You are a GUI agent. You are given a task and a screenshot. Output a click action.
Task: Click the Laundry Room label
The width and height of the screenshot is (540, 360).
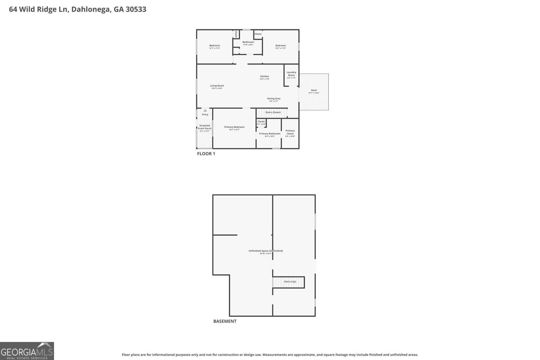291,74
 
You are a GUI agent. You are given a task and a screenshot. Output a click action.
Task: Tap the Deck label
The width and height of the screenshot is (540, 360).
314,90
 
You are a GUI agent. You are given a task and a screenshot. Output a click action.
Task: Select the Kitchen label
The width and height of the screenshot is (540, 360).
264,77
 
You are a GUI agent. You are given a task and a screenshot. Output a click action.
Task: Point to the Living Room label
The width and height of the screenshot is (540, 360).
217,86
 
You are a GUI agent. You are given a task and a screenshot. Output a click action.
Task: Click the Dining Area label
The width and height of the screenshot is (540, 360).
274,99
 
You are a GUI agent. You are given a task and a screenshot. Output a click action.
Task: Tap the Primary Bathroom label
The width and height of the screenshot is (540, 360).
270,134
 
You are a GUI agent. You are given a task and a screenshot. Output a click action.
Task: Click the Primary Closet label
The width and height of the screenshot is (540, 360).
290,132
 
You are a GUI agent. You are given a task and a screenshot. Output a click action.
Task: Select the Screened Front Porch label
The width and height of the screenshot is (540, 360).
205,127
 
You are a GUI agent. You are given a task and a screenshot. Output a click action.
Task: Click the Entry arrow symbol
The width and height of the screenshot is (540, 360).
205,110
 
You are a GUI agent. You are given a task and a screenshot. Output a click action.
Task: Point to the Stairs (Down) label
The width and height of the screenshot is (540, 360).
273,112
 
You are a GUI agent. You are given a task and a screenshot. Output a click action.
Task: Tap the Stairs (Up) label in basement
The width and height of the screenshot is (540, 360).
290,281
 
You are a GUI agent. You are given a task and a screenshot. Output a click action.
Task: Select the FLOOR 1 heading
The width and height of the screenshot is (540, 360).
206,154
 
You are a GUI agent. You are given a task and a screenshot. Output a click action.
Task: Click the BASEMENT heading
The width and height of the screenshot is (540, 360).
225,321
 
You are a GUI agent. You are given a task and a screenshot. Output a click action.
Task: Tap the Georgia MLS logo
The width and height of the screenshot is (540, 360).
27,351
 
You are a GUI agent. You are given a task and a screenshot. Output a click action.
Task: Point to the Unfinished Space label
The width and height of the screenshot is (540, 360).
266,251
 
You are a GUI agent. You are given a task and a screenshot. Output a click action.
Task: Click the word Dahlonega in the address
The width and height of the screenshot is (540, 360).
90,9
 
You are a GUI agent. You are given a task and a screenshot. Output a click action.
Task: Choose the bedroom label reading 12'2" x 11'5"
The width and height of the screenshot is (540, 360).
280,46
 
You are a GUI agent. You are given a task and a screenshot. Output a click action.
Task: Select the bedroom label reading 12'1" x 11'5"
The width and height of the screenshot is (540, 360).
214,46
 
